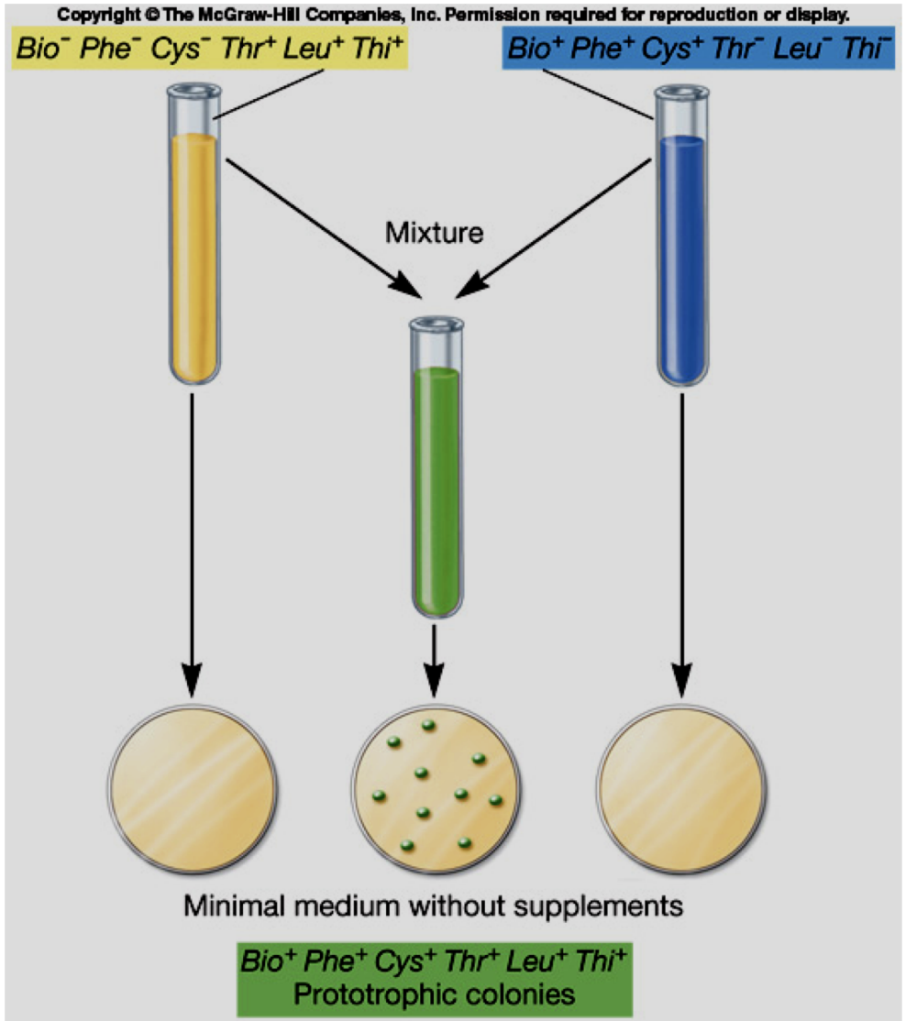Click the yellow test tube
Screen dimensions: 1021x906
(193, 247)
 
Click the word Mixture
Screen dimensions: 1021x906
(435, 232)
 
